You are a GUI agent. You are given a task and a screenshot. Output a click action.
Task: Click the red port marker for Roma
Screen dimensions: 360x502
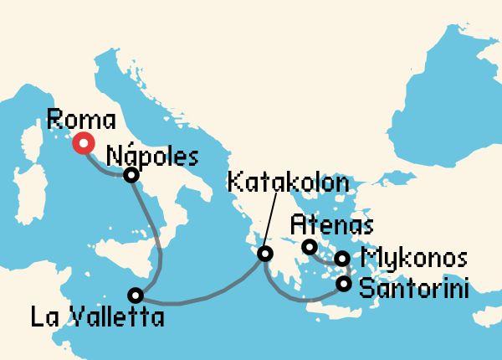(83, 144)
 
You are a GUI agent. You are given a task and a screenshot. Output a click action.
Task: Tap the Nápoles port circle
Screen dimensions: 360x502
(131, 175)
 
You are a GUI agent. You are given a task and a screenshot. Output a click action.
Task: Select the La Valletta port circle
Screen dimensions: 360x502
(136, 295)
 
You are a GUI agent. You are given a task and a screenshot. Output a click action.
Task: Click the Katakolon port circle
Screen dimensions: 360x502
(264, 254)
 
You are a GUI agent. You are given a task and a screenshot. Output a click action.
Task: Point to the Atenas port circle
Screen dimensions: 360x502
(309, 247)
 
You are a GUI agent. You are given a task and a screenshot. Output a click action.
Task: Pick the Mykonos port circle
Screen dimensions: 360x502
(342, 259)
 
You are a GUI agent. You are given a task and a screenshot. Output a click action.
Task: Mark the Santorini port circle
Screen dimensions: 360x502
(344, 285)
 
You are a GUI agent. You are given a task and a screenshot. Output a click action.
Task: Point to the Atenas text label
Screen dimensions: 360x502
(331, 224)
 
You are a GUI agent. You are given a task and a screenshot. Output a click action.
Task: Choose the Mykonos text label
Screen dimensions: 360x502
(412, 258)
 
